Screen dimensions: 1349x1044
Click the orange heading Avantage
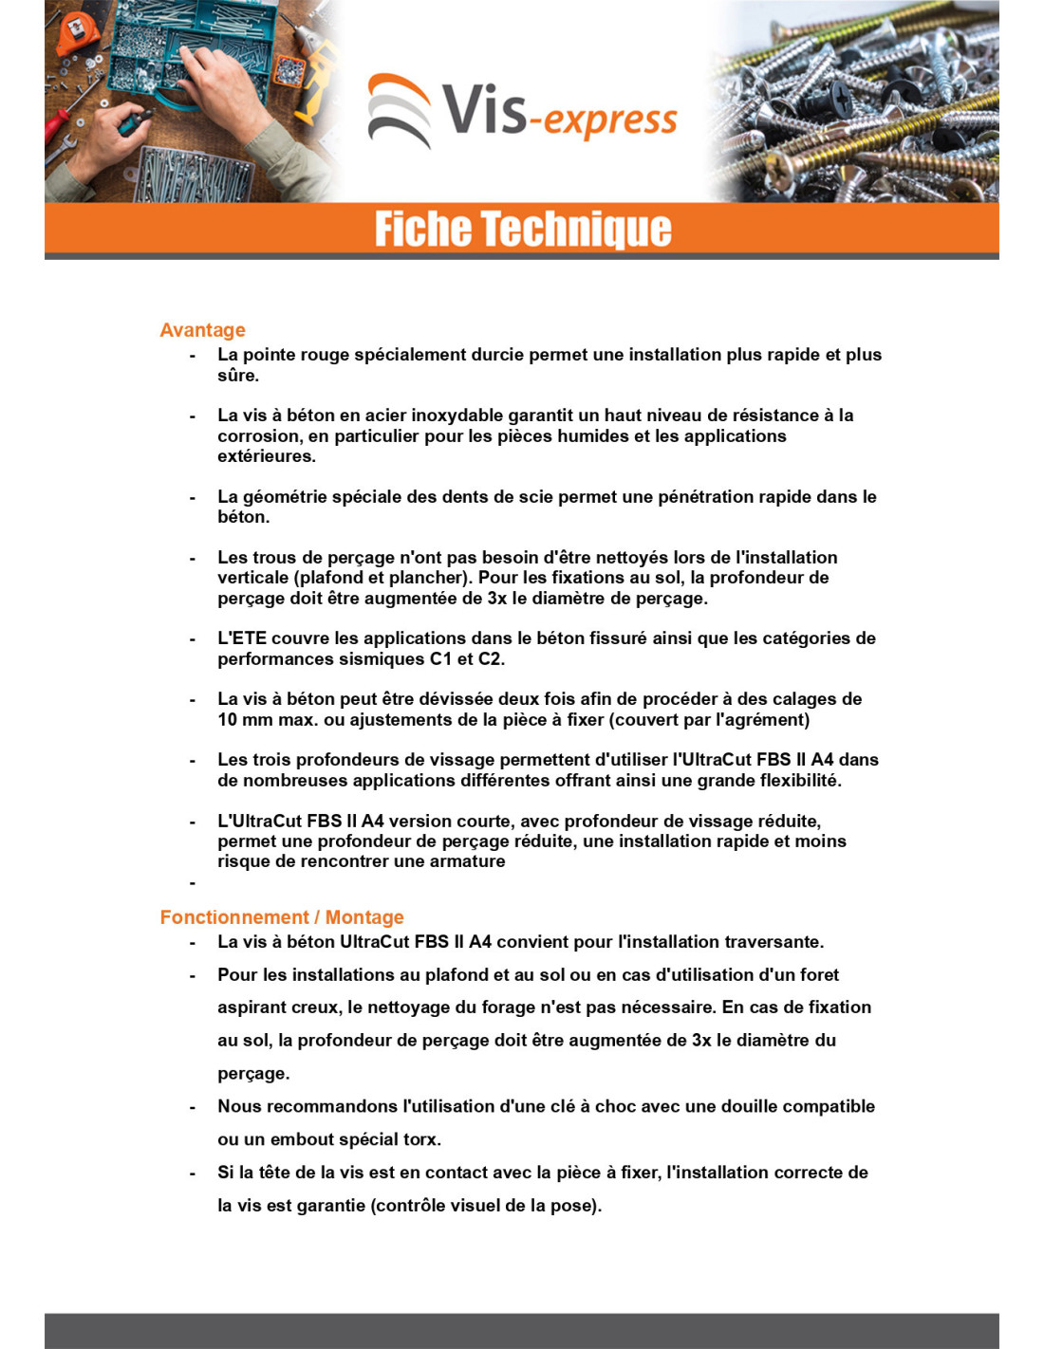202,330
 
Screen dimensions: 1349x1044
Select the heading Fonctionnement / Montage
282,917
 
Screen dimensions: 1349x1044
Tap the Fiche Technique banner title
522,229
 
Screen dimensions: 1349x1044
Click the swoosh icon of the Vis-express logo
400,110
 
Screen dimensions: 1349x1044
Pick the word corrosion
257,436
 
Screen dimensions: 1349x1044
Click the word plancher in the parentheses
437,578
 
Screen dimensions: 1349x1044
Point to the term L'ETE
242,638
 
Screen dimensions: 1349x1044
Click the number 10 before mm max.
227,720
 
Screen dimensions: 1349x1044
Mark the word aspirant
252,1007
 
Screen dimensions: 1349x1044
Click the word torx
422,1139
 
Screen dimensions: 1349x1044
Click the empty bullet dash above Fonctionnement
193,883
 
